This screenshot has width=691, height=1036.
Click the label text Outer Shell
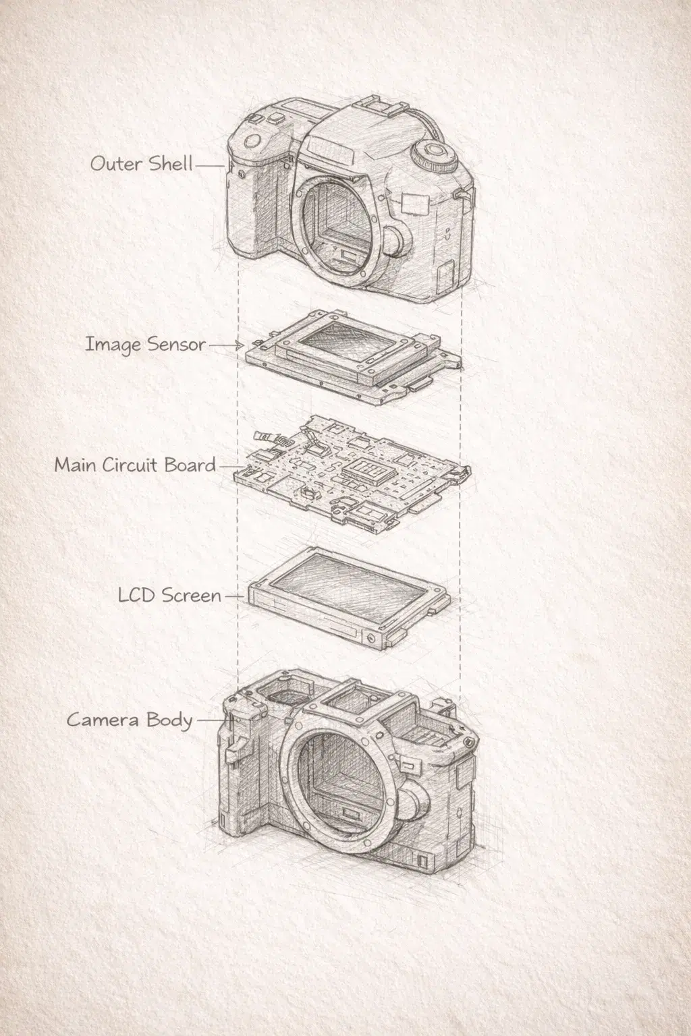(x=142, y=163)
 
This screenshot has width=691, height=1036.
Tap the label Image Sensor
(x=145, y=344)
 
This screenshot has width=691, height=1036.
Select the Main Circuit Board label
(x=135, y=465)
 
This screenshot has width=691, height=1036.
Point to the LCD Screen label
(x=169, y=596)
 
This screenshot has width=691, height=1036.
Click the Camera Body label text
(x=130, y=720)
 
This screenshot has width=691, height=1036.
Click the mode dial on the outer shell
(x=432, y=155)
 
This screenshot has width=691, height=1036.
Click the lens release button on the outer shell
(x=394, y=239)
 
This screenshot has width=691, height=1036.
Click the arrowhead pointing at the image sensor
(x=239, y=345)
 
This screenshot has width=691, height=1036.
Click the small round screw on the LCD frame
(x=369, y=637)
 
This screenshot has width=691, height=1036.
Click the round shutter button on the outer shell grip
(x=253, y=142)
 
